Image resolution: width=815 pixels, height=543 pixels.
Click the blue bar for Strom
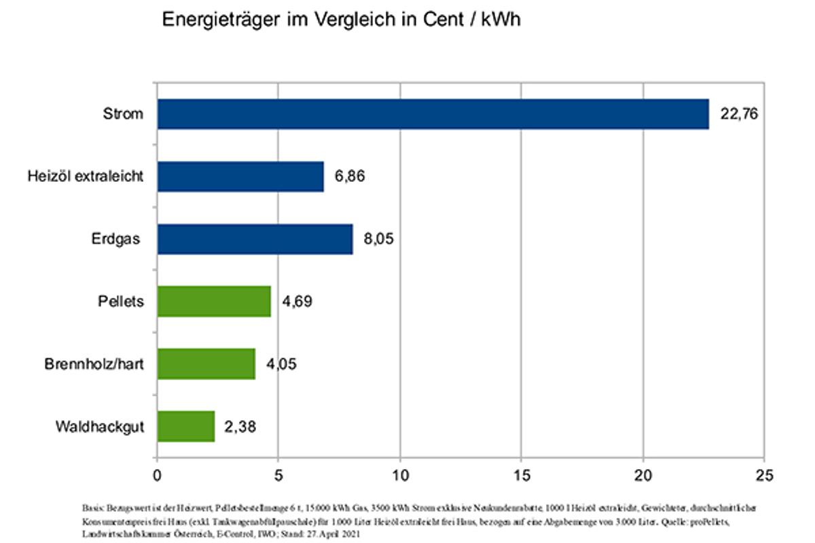pos(433,114)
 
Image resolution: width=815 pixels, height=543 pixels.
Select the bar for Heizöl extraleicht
pos(240,176)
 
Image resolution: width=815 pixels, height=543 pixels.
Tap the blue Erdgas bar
pos(255,239)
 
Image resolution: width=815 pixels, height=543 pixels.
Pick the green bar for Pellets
pos(214,301)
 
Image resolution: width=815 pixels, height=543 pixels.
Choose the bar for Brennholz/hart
pos(206,364)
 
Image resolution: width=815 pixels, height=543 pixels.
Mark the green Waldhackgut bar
pos(186,427)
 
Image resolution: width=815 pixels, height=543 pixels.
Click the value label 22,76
pos(739,114)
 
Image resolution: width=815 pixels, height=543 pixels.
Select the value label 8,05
pos(378,239)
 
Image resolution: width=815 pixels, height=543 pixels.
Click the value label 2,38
pos(240,427)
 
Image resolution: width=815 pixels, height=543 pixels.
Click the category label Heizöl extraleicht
pos(86,176)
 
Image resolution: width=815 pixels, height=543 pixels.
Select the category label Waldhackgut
pos(100,427)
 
